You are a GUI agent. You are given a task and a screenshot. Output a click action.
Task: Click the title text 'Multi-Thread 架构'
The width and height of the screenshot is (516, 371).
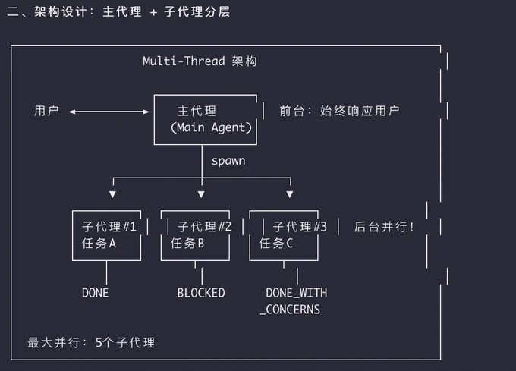(200, 61)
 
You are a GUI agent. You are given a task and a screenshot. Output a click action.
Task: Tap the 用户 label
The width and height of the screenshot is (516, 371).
(46, 111)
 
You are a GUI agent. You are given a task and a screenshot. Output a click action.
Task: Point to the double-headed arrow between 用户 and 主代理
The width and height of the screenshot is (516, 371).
(109, 112)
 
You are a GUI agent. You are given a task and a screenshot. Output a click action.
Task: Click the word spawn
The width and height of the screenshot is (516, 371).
(228, 161)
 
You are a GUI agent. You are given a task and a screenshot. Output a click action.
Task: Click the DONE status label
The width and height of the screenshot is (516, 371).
(95, 293)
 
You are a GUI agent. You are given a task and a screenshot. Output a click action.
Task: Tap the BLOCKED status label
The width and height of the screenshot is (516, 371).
(201, 293)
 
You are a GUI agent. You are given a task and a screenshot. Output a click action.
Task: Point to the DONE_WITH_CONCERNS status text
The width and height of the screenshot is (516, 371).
(294, 301)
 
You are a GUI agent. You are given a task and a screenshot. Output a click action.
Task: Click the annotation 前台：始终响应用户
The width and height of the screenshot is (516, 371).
(339, 111)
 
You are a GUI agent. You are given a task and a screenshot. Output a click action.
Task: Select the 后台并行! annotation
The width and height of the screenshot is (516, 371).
(384, 227)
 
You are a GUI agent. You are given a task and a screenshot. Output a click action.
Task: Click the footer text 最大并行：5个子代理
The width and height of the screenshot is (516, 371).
(91, 342)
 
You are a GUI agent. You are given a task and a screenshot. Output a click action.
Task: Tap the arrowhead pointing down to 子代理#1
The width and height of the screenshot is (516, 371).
(112, 194)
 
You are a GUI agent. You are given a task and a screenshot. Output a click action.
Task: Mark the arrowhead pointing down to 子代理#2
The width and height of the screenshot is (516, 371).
(201, 194)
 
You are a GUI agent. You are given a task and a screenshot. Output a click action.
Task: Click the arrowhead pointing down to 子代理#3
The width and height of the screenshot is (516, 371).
(290, 194)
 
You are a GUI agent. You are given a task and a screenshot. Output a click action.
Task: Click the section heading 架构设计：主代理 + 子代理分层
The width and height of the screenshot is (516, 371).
(132, 12)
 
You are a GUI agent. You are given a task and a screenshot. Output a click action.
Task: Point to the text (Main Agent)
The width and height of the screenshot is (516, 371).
(211, 127)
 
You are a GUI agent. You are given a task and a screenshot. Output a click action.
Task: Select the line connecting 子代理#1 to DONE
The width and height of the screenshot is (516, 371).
(107, 272)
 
